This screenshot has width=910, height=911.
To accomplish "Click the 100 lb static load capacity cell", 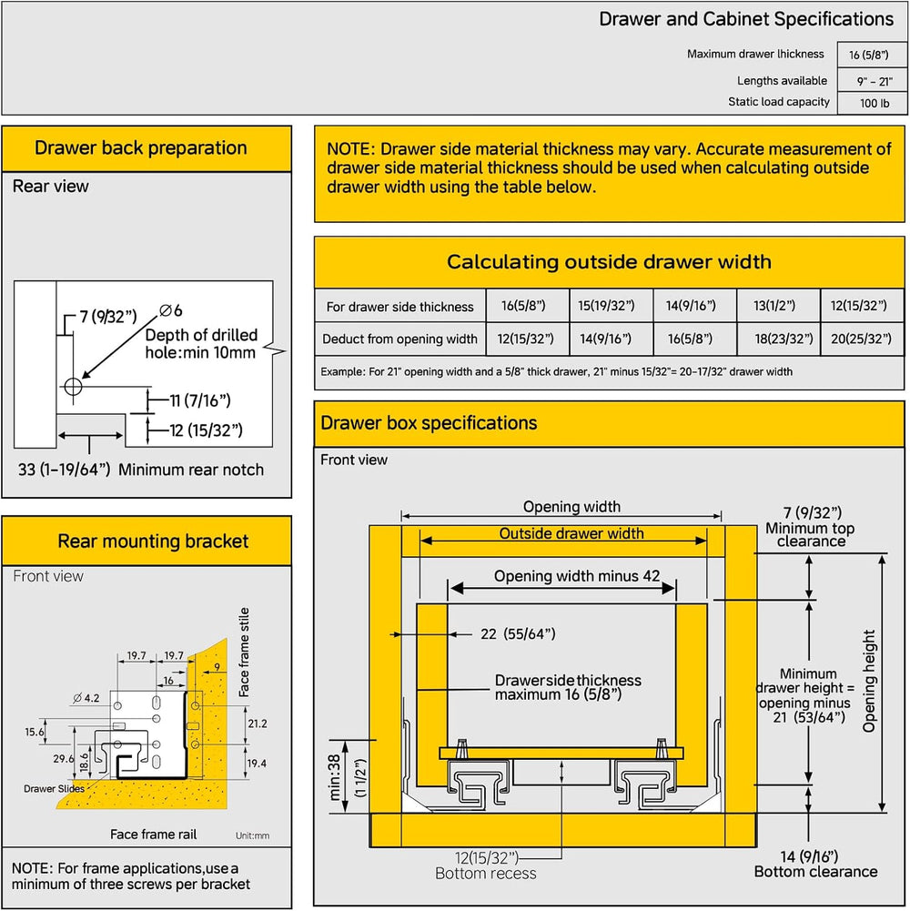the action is pos(874,104).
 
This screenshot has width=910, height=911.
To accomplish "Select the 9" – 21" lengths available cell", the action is pos(874,81).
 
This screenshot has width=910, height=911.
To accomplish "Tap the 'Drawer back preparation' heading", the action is pos(141,147).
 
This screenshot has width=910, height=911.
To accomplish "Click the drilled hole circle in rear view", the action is pos(73,386).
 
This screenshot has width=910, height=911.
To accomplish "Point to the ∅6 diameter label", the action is pos(171,311).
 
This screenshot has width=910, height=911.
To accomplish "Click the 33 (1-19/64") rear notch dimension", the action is pos(64,470).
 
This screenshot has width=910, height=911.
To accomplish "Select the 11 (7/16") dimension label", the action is pos(200,400).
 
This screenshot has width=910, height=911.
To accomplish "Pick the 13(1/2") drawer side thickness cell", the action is pos(774,306).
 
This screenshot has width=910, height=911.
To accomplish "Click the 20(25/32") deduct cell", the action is pos(861,339).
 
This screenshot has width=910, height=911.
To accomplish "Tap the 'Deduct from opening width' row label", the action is pos(399,339).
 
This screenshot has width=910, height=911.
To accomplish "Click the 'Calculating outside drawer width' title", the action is pos(609,261).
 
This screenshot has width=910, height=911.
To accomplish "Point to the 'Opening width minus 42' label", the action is pos(577,576).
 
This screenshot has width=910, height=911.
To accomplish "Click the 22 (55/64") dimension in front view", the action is pos(518,633).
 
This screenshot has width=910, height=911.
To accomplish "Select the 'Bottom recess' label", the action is pos(486,874).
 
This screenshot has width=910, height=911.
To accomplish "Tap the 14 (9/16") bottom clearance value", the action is pos(809,856).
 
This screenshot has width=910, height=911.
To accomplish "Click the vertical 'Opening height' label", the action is pos(869,681).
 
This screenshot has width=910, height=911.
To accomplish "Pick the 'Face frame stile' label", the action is pos(244,652).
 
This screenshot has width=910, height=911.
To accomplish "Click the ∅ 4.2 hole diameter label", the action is pos(86,698).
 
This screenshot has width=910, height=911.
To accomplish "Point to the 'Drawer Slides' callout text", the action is pos(54,788).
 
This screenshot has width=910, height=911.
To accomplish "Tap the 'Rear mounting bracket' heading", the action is pos(153,541).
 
